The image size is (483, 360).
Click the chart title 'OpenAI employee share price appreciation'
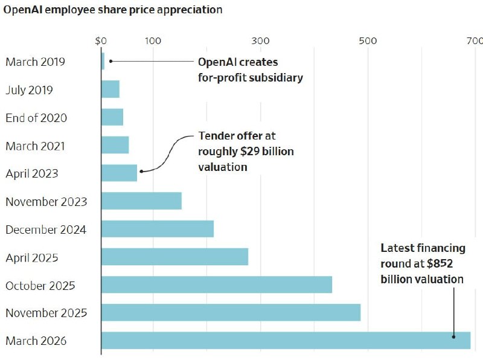point(113,10)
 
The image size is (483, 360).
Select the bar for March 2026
point(286,340)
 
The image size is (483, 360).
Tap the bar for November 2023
point(141,201)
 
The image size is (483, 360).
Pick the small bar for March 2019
point(103,61)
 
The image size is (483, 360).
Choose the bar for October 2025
point(217,284)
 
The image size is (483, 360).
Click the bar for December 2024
point(158,229)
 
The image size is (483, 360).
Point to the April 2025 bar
point(174,257)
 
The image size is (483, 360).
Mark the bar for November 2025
point(231,312)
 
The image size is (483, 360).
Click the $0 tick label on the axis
point(101,41)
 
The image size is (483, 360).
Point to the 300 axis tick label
point(260,41)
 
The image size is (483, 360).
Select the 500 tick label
point(368,41)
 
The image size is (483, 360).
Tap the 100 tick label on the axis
point(153,41)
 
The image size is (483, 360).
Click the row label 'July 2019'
point(29,90)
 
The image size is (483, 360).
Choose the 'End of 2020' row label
point(36,118)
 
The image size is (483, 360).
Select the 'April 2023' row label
point(32,174)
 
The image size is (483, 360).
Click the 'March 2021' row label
point(35,146)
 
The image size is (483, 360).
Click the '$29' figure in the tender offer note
point(250,152)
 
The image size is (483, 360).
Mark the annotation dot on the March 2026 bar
point(453,337)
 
